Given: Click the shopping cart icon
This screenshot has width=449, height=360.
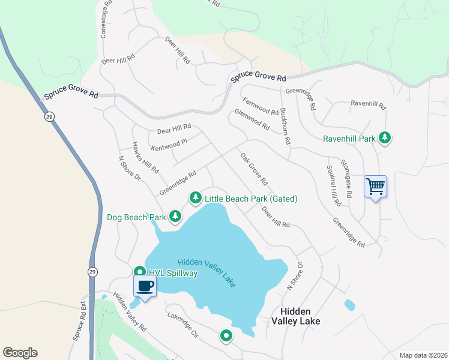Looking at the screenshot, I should point(375,187).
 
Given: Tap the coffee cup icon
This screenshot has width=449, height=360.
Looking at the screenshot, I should point(145,286).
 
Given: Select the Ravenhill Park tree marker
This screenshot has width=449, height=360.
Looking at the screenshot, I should point(384,139).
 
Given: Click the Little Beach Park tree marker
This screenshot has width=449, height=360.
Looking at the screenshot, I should point(195,197).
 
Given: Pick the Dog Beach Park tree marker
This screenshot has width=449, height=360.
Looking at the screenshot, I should point(175,216).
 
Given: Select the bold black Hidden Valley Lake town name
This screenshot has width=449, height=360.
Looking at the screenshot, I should point(294,316).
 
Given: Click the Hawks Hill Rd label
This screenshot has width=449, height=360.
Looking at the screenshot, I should point(146,158).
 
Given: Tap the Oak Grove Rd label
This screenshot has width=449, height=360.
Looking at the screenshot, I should point(254,169).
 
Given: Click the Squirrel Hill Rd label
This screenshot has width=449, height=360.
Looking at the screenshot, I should point(332,183).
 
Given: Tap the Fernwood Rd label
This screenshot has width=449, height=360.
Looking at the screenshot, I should point(261,107).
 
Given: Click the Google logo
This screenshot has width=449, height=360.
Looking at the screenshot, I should point(20,353).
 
